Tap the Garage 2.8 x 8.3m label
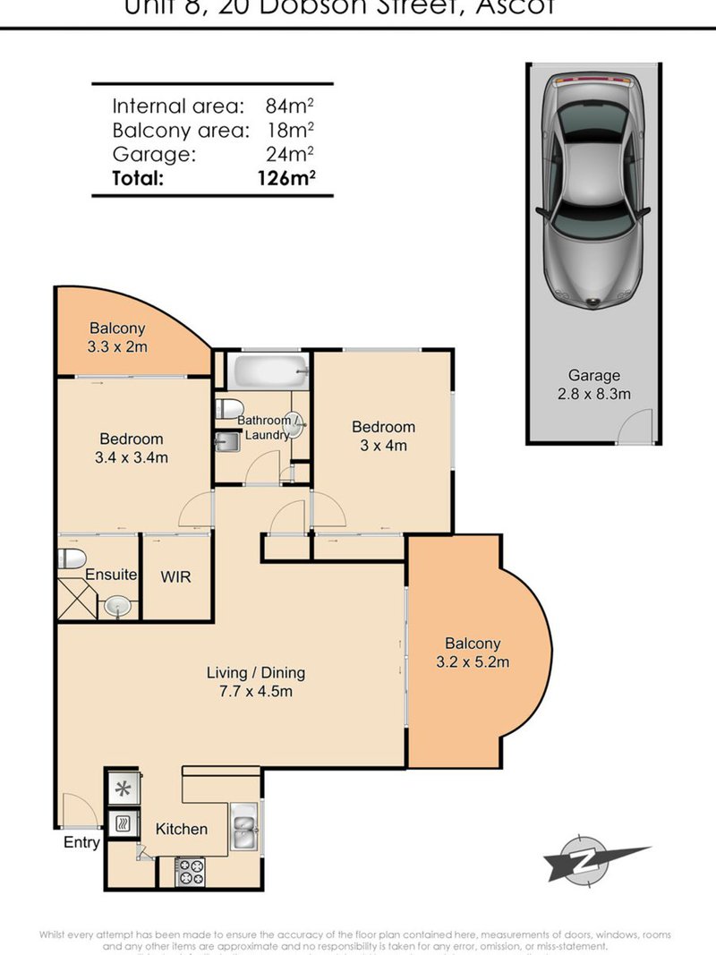(x=593, y=385)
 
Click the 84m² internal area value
(x=289, y=106)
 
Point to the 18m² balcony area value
(x=289, y=130)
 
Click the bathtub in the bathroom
(x=268, y=369)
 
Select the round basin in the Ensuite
(x=116, y=607)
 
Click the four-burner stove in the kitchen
(x=189, y=871)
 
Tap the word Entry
(x=81, y=842)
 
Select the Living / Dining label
(x=255, y=681)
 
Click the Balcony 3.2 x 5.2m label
(x=473, y=652)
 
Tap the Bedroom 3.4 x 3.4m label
(x=131, y=448)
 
